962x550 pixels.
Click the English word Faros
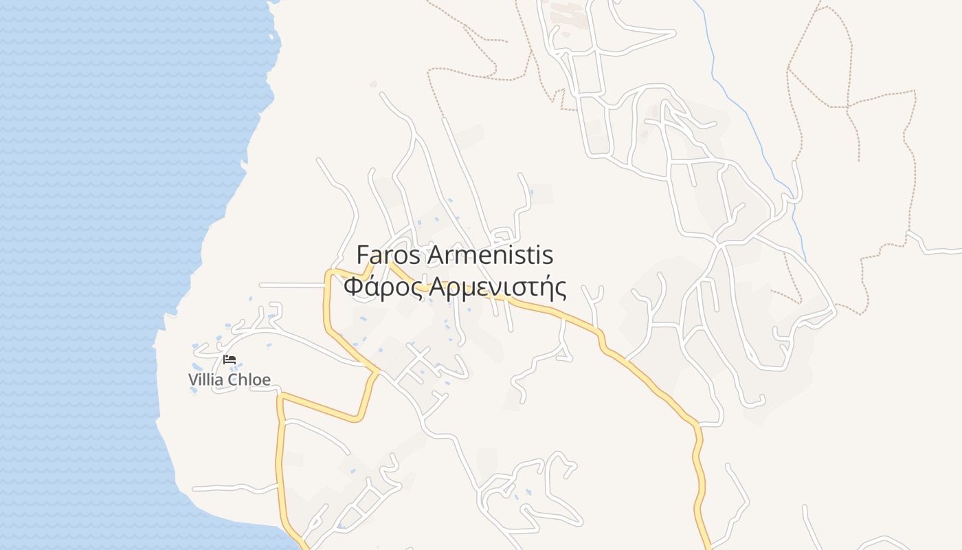[x=389, y=255]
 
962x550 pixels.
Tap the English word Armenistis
[x=490, y=255]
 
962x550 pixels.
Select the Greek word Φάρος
[x=382, y=287]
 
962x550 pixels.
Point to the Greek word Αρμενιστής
[x=497, y=287]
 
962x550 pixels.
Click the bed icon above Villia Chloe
[x=230, y=360]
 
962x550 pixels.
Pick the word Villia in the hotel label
[x=208, y=379]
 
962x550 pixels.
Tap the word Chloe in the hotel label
[x=251, y=379]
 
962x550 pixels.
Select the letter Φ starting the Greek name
[x=352, y=287]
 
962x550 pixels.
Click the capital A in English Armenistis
[x=436, y=255]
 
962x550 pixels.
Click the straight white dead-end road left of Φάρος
[x=289, y=285]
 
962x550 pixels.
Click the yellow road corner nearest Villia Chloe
[x=280, y=397]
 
